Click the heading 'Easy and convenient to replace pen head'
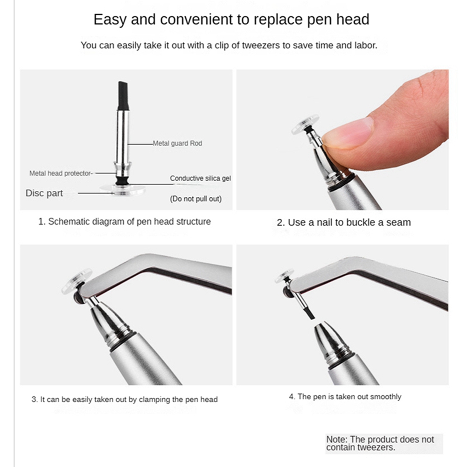pos(231,20)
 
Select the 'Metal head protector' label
pos(61,173)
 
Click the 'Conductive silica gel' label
pos(200,178)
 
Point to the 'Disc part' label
pos(44,193)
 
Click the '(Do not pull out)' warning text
pos(195,199)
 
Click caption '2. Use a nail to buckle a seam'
pos(344,223)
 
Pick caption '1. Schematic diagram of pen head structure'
pos(124,222)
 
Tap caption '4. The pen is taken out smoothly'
pos(345,397)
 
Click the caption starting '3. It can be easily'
pos(125,399)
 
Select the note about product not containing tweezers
pos(380,443)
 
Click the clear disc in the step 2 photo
pos(305,124)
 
